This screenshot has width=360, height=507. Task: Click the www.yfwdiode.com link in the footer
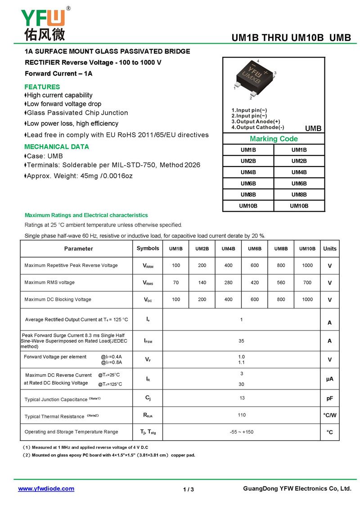click(x=46, y=489)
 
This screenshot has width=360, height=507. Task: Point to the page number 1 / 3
click(x=189, y=489)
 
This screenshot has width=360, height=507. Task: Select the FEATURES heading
click(x=42, y=87)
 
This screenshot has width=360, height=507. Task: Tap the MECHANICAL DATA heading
click(x=57, y=147)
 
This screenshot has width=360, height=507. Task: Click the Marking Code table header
click(x=274, y=139)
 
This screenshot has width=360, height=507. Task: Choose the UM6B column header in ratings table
click(x=255, y=249)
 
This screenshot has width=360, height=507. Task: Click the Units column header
click(x=329, y=249)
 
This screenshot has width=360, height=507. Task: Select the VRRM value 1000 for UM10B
click(x=307, y=266)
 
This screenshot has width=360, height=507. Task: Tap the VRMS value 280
click(x=229, y=283)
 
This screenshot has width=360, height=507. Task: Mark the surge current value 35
click(x=242, y=341)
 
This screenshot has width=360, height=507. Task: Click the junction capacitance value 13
click(x=242, y=398)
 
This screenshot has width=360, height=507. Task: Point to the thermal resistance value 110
click(x=242, y=415)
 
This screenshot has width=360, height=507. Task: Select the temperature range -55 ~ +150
click(x=242, y=432)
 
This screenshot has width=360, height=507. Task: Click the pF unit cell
click(x=329, y=399)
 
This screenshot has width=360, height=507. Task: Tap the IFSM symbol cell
click(x=148, y=341)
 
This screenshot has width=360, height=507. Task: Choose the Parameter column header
click(x=78, y=249)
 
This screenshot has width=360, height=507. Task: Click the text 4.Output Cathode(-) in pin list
click(x=258, y=128)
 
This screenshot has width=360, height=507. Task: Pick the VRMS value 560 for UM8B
click(x=281, y=283)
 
